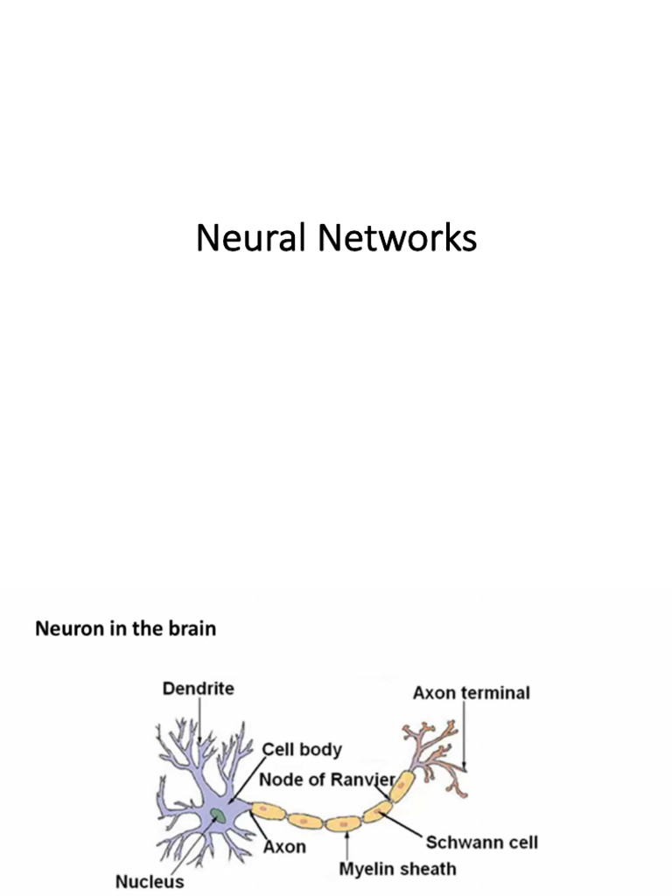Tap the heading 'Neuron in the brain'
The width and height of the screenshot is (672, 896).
125,628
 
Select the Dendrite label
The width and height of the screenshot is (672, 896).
199,689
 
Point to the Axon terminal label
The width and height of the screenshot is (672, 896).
471,693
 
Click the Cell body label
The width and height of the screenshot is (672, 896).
302,750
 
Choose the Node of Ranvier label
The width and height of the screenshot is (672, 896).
326,779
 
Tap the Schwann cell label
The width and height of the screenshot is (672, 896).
481,843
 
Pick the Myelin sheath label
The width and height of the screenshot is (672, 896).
397,869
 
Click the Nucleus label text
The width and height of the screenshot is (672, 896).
150,881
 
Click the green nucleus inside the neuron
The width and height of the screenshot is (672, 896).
216,814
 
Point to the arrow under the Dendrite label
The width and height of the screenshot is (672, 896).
199,722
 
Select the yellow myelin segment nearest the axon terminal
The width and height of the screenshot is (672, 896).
401,787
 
